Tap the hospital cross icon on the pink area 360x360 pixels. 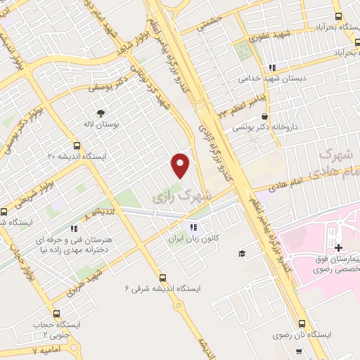(x=339, y=247)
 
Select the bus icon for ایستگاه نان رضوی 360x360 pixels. (x=302, y=324)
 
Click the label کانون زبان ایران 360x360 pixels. (x=193, y=238)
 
